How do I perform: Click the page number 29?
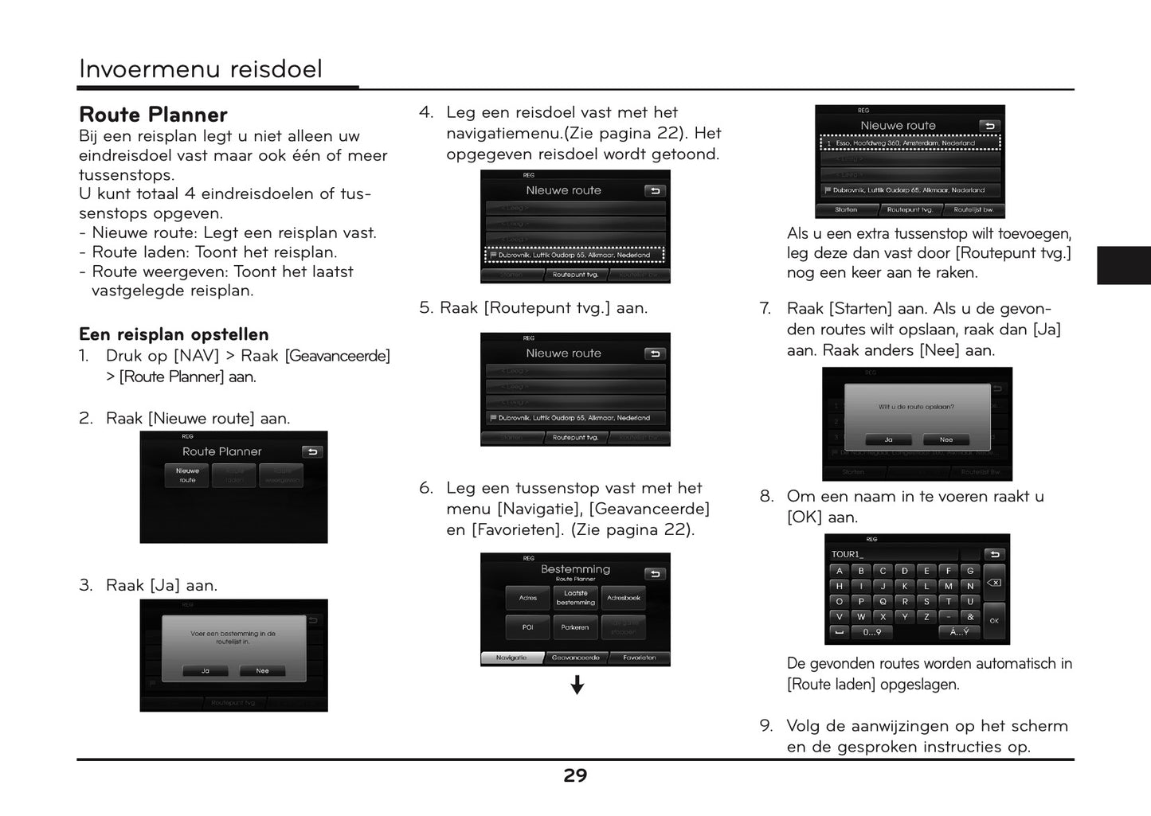click(575, 776)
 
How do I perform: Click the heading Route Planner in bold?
click(153, 115)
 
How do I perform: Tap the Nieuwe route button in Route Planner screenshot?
click(187, 475)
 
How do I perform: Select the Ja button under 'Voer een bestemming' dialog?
click(205, 671)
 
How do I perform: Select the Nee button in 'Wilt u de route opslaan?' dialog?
click(945, 439)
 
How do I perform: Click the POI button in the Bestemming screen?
click(527, 627)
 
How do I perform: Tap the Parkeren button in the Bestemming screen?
click(575, 627)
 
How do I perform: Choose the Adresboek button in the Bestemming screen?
click(623, 598)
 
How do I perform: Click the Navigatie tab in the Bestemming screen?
click(511, 658)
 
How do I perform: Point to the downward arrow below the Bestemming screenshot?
click(577, 685)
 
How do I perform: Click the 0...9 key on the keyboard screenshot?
click(872, 632)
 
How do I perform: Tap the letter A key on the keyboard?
click(839, 571)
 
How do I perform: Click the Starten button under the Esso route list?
click(846, 210)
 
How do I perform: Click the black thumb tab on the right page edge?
click(1123, 265)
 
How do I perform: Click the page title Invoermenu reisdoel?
click(201, 69)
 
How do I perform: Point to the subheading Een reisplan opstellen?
click(174, 334)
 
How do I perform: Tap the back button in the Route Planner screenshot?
click(312, 451)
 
